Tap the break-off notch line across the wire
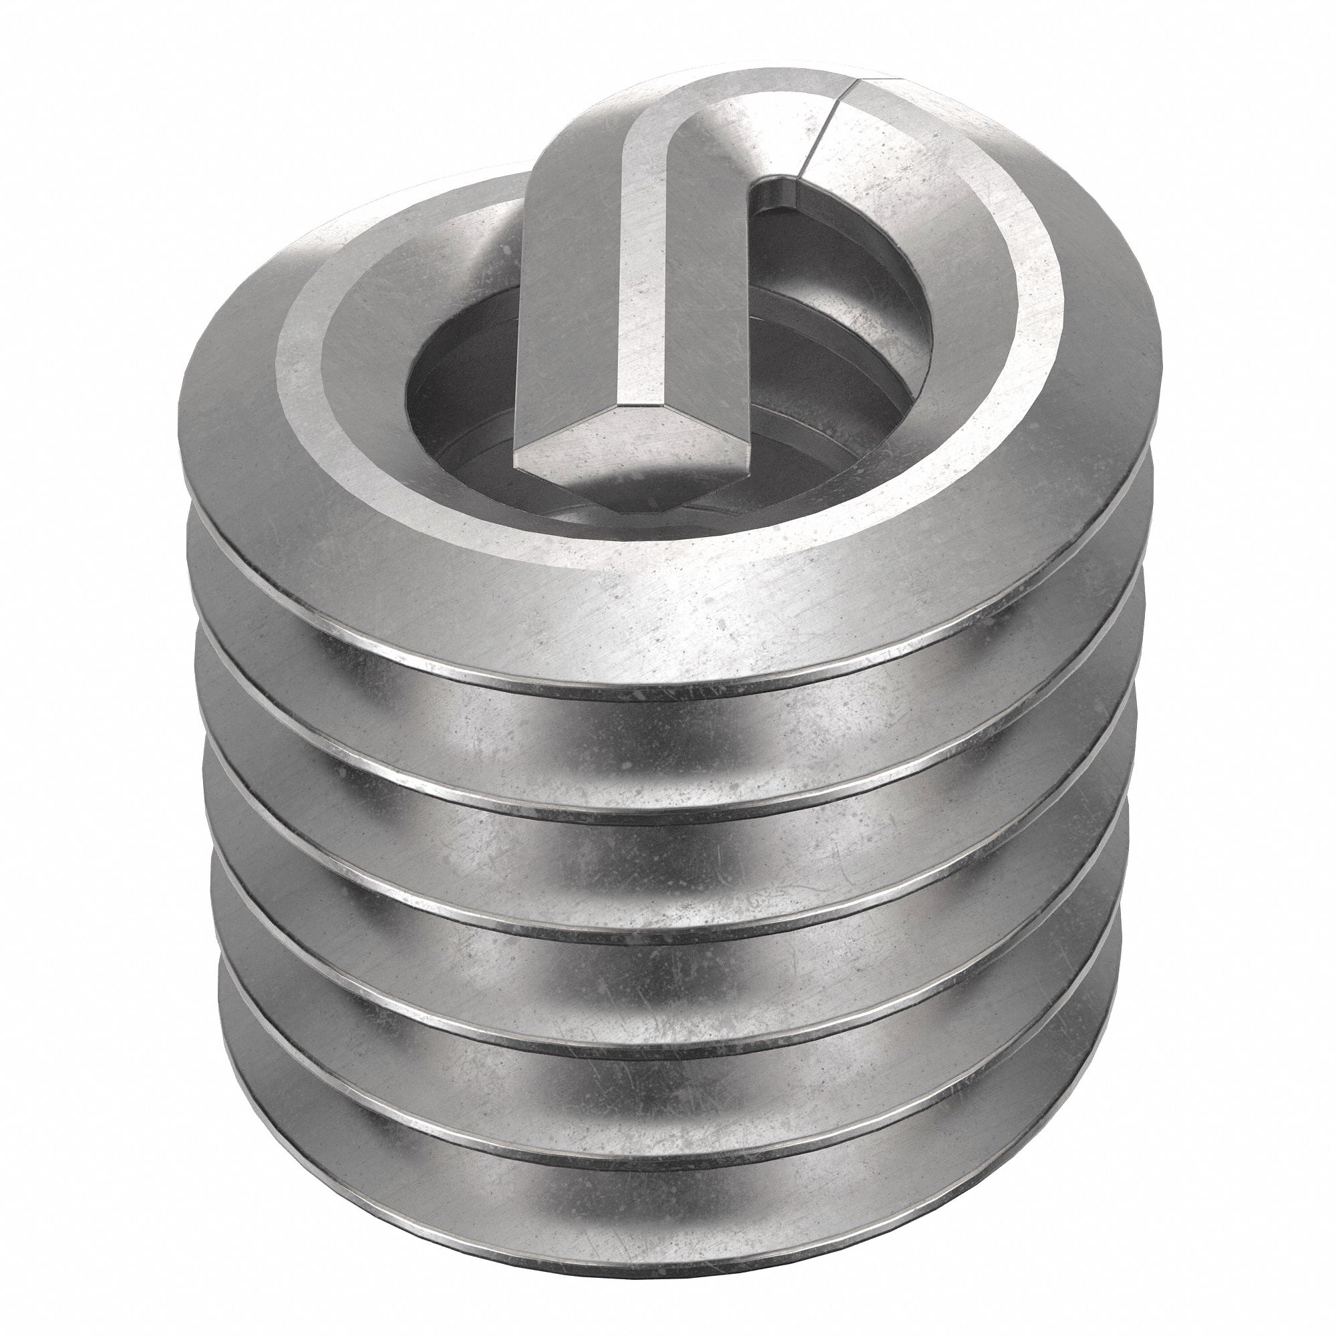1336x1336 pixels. [x=834, y=124]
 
